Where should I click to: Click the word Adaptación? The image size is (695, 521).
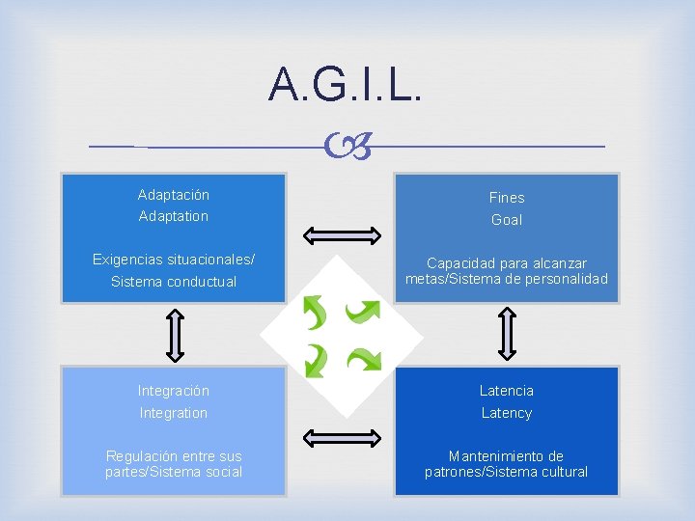(x=174, y=195)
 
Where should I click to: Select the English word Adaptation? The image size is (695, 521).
(x=174, y=216)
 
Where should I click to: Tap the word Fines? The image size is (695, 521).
(x=507, y=197)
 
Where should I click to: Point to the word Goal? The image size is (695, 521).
(x=507, y=220)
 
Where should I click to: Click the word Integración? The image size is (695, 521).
(x=174, y=391)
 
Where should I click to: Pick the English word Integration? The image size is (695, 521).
(x=174, y=413)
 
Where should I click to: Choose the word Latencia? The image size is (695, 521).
(x=507, y=391)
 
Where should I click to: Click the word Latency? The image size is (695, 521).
(x=507, y=413)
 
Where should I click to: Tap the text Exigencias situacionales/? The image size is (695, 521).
(x=174, y=260)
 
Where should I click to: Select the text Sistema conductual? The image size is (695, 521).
(x=174, y=282)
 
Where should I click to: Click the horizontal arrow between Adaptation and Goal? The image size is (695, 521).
(x=342, y=235)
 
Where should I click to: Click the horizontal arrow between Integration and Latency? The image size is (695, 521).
(x=342, y=437)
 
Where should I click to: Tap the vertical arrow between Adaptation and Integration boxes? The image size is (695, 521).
(x=174, y=334)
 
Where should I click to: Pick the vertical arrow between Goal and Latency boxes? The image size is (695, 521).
(x=508, y=334)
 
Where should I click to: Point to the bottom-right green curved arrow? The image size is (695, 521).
(x=364, y=359)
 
